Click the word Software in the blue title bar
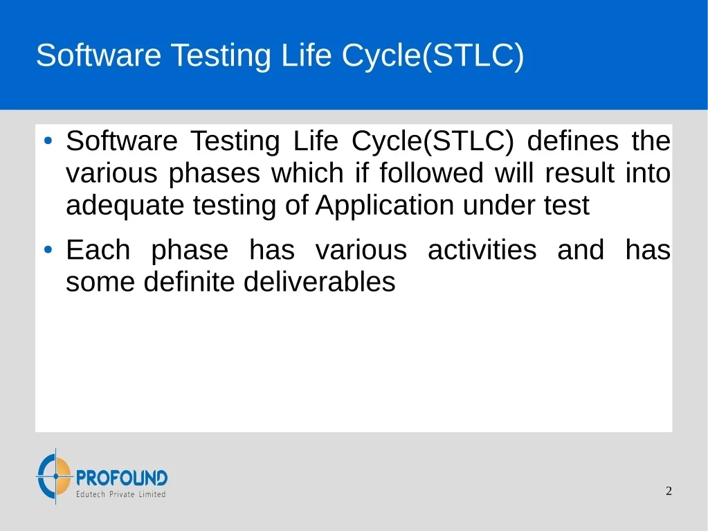[x=98, y=55]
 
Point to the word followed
[x=431, y=172]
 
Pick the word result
[x=580, y=172]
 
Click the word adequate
[x=125, y=206]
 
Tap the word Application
[x=385, y=206]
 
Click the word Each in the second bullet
[x=98, y=250]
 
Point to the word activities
[x=482, y=250]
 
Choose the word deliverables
[x=319, y=282]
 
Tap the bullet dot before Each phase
[x=48, y=249]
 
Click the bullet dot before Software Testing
[x=48, y=141]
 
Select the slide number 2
[x=669, y=491]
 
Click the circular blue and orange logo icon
[x=55, y=476]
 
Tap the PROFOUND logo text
[x=122, y=478]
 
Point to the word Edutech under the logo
[x=90, y=494]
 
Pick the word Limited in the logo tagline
[x=152, y=494]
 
